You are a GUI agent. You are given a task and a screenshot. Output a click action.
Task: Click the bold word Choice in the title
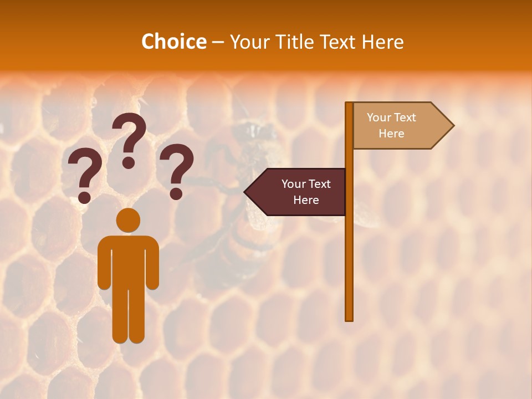tap(173, 42)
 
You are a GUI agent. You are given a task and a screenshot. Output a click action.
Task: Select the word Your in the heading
tap(248, 42)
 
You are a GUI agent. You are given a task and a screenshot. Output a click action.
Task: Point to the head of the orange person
tap(128, 220)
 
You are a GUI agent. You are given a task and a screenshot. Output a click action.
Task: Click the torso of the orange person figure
tap(128, 260)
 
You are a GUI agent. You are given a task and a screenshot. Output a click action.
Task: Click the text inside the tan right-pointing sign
tap(391, 125)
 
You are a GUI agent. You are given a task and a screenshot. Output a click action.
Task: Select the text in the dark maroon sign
tap(305, 192)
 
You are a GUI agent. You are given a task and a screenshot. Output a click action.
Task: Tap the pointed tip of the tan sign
tap(453, 126)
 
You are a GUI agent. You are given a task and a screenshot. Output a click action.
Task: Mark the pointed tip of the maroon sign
tap(245, 192)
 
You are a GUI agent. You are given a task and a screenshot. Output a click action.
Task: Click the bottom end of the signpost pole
tap(349, 318)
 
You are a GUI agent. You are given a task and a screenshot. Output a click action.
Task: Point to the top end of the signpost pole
tap(349, 104)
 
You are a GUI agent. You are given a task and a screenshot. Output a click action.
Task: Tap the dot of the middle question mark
tap(129, 162)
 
